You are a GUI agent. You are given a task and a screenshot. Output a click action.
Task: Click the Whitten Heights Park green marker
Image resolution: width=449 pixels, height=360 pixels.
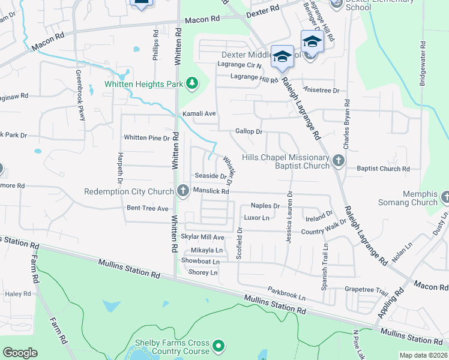tap(192, 83)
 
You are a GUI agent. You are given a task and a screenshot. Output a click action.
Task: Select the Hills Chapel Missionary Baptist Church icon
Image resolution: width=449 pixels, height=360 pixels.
tap(339, 161)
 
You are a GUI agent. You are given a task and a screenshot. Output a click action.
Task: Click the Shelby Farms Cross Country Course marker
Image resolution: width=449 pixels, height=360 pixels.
tap(218, 346)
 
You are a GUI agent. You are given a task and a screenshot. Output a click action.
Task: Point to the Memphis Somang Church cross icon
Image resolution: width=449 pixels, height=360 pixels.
tap(445, 197)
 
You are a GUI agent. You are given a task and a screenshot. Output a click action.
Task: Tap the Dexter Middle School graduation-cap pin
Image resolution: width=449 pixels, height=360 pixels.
tap(282, 57)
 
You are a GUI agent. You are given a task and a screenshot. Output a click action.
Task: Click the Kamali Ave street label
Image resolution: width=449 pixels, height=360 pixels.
tap(198, 113)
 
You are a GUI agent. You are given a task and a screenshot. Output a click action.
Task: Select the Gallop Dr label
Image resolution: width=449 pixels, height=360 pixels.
tap(249, 131)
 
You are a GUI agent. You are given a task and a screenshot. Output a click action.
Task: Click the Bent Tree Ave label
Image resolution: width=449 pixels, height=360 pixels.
tap(148, 208)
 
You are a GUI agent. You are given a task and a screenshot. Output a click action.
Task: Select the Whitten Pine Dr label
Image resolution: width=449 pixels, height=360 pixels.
tap(147, 137)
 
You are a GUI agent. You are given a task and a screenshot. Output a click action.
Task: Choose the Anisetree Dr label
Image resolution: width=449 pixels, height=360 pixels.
tap(322, 90)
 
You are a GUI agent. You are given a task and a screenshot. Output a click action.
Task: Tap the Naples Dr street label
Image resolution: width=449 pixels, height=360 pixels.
tap(265, 206)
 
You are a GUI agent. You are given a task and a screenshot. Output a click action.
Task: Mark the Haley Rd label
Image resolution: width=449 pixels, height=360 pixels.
tap(18, 294)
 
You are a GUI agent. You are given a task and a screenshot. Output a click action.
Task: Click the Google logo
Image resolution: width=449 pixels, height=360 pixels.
tap(20, 353)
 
